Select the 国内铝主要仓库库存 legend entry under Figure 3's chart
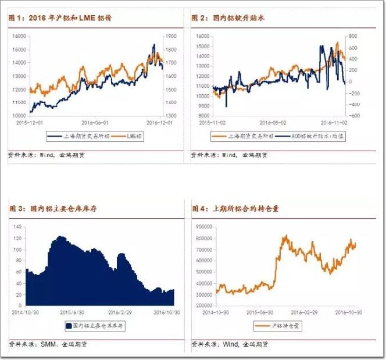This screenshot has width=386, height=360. pyautogui.click(x=98, y=326)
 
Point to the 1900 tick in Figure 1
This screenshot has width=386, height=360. pyautogui.click(x=171, y=35)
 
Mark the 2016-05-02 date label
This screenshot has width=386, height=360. pyautogui.click(x=272, y=123)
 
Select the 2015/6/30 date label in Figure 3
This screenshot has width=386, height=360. pyautogui.click(x=68, y=312)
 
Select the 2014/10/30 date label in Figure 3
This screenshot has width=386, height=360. pyautogui.click(x=25, y=312)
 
